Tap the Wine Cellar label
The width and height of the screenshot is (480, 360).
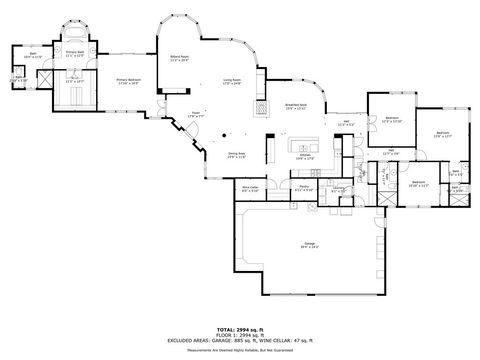(x=251, y=188)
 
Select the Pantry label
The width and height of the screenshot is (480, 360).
(x=304, y=188)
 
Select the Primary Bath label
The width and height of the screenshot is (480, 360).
(x=74, y=54)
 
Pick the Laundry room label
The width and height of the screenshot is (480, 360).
(x=340, y=190)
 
